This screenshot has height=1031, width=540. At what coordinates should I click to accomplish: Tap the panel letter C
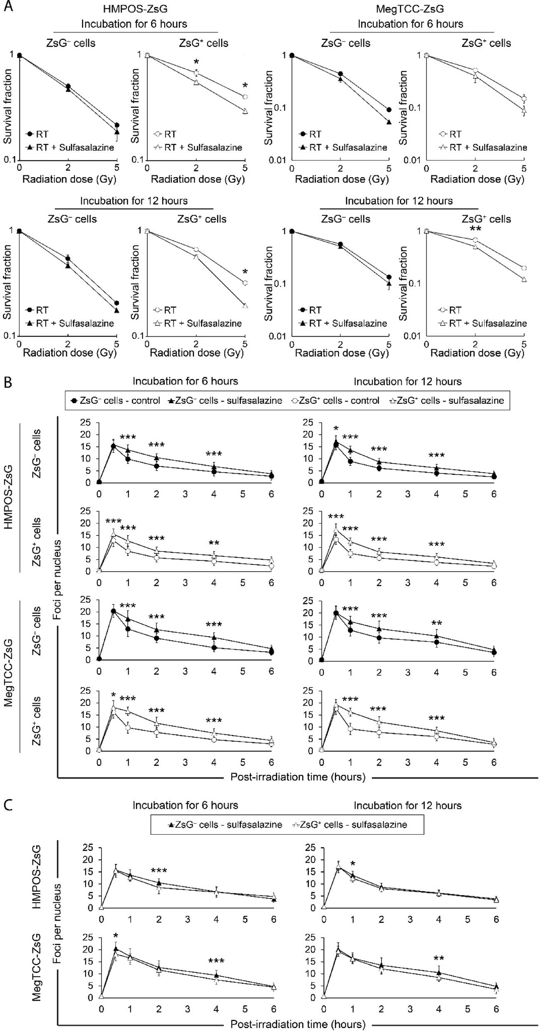coord(8,805)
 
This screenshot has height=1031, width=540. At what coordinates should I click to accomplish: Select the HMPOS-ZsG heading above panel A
coord(134,8)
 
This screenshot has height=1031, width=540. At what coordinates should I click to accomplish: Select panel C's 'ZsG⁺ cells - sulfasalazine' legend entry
coord(350,825)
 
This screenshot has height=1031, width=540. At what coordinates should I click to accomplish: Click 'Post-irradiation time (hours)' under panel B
coord(298,777)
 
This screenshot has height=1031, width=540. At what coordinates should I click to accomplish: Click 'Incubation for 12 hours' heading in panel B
coord(407,381)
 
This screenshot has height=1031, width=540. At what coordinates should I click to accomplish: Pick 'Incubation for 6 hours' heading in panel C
coord(185,805)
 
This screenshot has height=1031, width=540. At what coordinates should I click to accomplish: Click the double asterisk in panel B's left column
coord(214,543)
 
